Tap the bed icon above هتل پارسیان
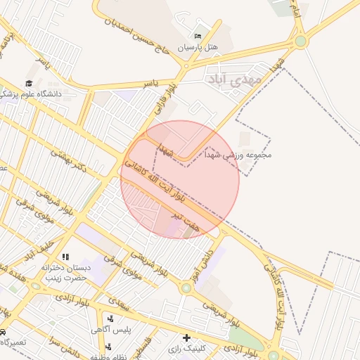[x=198, y=35]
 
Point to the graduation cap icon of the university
[x=28, y=84]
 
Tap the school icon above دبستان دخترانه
[x=65, y=257]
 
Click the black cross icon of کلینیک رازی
[x=186, y=337]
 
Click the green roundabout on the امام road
[x=301, y=41]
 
